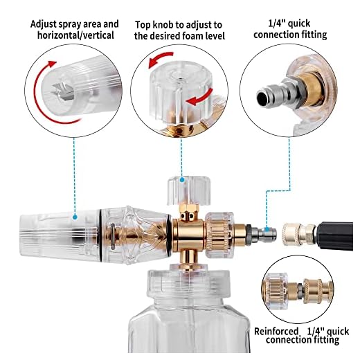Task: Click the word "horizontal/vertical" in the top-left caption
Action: (x=75, y=35)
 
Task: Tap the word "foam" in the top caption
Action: (x=193, y=36)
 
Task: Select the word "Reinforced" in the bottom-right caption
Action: (x=276, y=332)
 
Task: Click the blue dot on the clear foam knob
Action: (x=182, y=180)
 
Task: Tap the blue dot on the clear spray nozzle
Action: (x=75, y=217)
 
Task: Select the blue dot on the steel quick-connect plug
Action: (x=267, y=229)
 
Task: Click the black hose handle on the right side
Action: (x=335, y=236)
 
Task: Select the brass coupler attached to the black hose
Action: (x=300, y=234)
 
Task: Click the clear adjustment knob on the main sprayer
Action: (x=189, y=190)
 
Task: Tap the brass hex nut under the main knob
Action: (x=189, y=211)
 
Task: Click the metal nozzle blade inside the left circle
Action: (x=62, y=92)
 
